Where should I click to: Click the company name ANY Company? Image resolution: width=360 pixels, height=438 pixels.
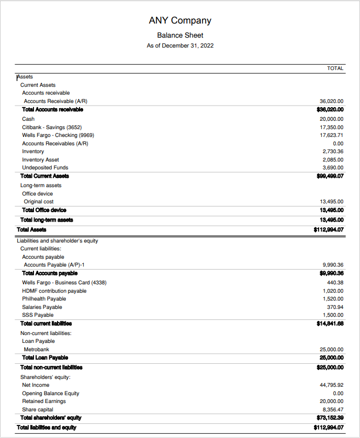point(180,20)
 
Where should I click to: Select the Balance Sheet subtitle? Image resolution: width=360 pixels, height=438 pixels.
point(180,35)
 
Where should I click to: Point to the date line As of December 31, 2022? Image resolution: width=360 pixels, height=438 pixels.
point(180,45)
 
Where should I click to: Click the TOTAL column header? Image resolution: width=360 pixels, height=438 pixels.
point(335,68)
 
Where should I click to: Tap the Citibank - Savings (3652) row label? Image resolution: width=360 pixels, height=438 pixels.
point(52,127)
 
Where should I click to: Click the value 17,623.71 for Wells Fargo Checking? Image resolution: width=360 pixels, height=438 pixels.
point(331,135)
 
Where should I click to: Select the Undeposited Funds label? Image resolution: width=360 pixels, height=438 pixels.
point(45,167)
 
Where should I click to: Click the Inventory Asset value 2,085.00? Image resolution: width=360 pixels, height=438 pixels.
point(333,159)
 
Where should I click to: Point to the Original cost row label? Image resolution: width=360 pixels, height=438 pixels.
point(39,201)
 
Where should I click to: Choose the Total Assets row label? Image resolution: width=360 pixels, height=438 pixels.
point(31,229)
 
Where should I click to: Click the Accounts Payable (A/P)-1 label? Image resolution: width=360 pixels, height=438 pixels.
point(54,264)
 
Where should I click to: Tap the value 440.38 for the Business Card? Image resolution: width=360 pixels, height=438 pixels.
point(335,283)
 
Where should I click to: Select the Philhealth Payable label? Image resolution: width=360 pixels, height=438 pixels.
point(44,298)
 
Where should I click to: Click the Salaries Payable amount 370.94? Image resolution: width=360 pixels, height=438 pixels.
point(335,307)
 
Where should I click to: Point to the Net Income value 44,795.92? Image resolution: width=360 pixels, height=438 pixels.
point(331,385)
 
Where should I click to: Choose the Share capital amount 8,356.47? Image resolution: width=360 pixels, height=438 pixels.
point(333,409)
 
